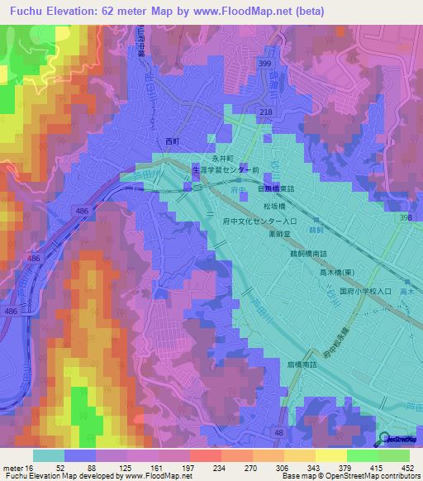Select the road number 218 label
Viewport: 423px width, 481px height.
(267, 112)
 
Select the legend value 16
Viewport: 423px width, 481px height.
(32, 468)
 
